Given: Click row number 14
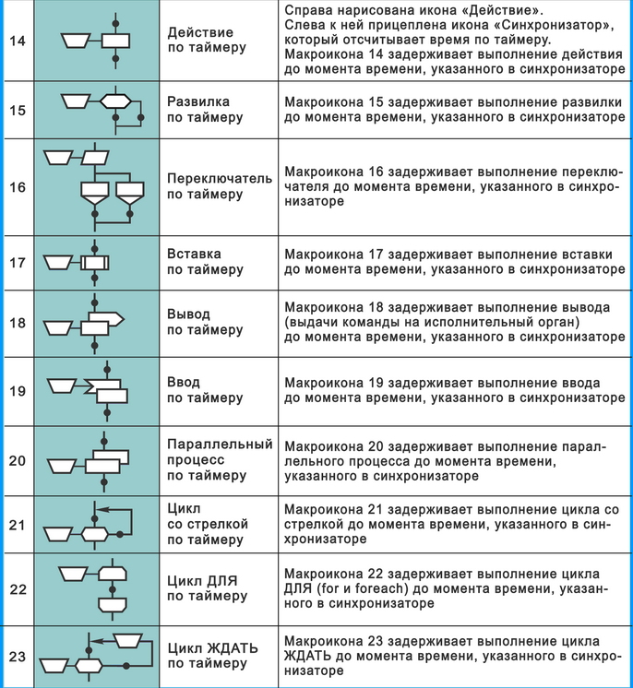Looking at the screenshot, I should (18, 41).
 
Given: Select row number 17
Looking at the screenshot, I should (18, 263).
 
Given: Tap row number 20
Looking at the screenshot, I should (18, 460).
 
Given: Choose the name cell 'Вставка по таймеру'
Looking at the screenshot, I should (205, 262).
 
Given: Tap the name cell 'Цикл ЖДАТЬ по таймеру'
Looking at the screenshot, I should (212, 656).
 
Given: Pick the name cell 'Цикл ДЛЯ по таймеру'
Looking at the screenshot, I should (207, 588).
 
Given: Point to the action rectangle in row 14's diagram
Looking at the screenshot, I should (116, 40).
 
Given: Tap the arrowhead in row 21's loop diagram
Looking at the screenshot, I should (102, 508).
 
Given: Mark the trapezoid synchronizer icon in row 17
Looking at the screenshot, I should (62, 263).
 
